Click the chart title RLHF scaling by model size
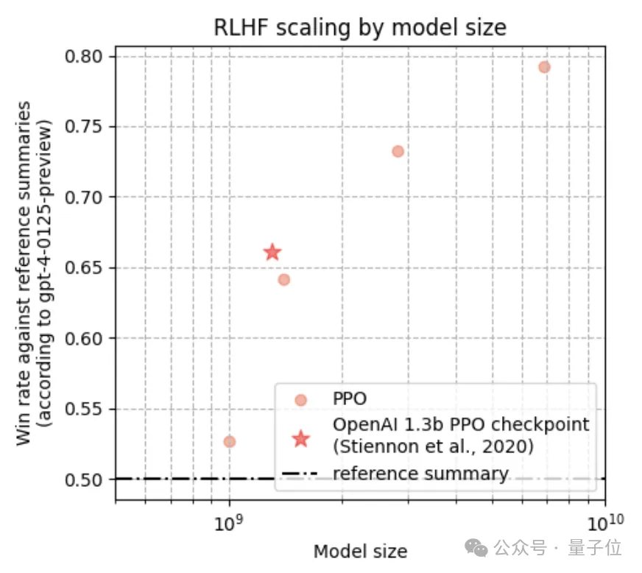[360, 28]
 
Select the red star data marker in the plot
[272, 253]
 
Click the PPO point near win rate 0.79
[544, 67]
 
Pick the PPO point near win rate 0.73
[398, 151]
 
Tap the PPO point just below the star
[284, 279]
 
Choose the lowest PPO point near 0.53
[229, 441]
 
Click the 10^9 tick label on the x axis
[229, 524]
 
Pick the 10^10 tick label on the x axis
[604, 524]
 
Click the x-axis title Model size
[360, 552]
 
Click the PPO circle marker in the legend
[300, 400]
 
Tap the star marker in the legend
[300, 439]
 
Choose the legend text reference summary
[420, 474]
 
